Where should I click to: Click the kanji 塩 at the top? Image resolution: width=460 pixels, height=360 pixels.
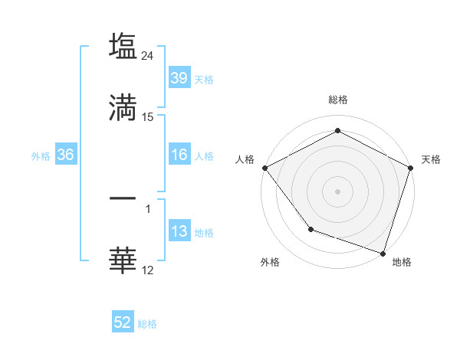coord(123,46)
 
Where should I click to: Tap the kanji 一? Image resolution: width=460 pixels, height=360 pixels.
coord(123,198)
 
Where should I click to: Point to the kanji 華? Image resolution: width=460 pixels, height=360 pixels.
coord(123,260)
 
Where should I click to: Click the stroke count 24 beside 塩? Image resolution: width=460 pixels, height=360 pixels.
coord(148,56)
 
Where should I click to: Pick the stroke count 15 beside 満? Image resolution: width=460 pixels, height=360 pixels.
coord(148,117)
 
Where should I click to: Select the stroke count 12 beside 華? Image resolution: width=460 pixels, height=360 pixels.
coord(148,270)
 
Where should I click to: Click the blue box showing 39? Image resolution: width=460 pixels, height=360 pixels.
coord(179,77)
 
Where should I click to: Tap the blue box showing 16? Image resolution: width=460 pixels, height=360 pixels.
coord(179,155)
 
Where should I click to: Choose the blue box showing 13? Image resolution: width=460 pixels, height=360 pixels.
coord(179,231)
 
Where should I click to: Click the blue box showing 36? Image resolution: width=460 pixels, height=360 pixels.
coord(66,155)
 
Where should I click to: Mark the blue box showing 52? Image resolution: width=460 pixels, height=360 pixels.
coord(123,323)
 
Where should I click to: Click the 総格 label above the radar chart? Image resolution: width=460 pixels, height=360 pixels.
coord(337,100)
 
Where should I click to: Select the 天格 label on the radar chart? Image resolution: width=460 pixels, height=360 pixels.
coord(431,159)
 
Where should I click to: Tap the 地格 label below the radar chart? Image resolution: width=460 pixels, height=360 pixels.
coord(401,262)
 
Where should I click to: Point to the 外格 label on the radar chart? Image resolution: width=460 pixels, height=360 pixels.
coord(270,262)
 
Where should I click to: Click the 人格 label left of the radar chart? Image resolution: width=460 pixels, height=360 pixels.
coord(245,159)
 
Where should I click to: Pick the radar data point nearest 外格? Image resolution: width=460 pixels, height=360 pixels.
coord(310,228)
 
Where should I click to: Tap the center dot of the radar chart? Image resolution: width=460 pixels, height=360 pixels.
coord(337,191)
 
